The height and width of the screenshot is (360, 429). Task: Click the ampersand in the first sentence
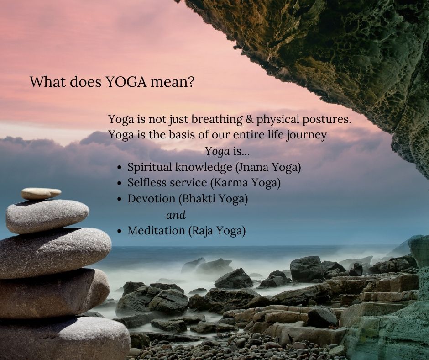click(x=249, y=119)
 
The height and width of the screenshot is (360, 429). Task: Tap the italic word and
click(x=176, y=215)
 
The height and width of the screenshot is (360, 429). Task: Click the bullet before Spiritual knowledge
click(x=119, y=167)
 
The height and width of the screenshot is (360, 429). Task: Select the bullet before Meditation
click(x=119, y=231)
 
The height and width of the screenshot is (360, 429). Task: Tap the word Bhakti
click(x=198, y=199)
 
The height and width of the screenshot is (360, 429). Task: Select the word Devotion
click(x=152, y=199)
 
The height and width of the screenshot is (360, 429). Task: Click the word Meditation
click(x=156, y=231)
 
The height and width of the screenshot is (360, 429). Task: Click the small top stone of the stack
click(x=41, y=193)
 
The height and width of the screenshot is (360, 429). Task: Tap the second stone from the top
click(x=47, y=216)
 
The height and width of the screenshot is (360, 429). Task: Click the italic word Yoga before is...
click(x=218, y=152)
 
